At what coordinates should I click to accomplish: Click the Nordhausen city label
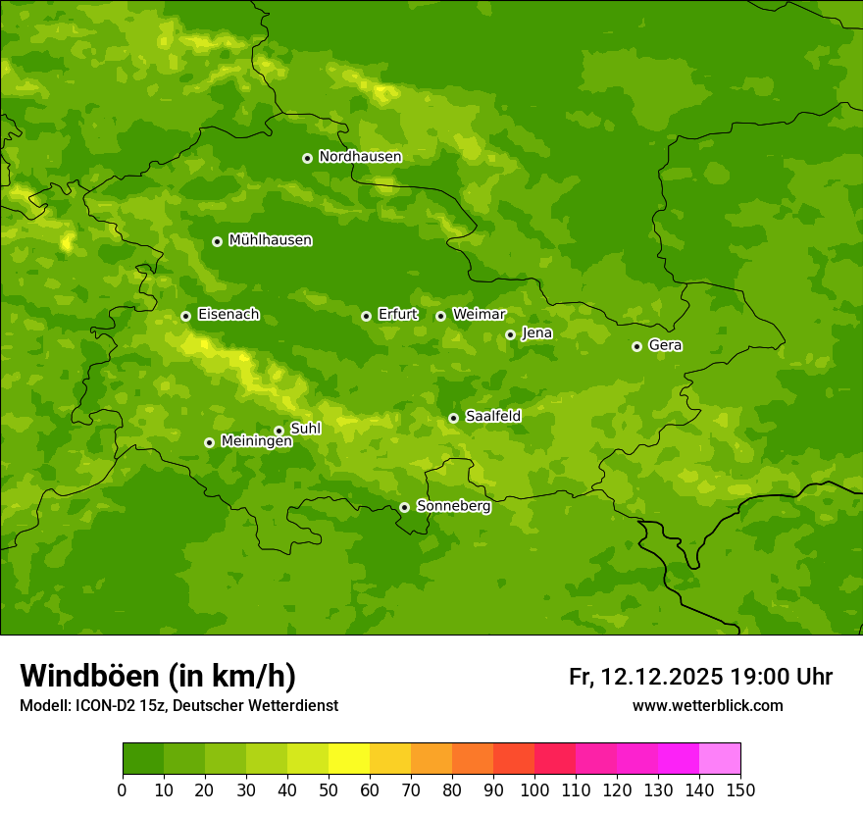(x=360, y=157)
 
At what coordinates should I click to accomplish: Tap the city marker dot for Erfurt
(x=366, y=316)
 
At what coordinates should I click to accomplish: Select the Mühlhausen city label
(x=270, y=240)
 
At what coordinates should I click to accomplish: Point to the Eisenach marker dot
(x=185, y=316)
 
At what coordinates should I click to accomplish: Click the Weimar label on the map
(x=479, y=315)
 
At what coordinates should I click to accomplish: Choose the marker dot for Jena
(x=510, y=334)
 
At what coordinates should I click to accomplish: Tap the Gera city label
(x=665, y=345)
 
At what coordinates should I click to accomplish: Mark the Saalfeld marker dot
(x=453, y=418)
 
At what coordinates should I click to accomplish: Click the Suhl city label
(x=305, y=429)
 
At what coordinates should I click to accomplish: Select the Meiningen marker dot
(x=209, y=442)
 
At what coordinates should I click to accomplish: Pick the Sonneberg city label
(x=453, y=506)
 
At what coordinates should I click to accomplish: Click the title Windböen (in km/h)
(x=158, y=676)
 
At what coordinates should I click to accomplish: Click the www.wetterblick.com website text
(x=707, y=705)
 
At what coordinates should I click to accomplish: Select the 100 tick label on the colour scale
(x=534, y=789)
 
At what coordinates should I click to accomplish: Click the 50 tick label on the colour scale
(x=329, y=789)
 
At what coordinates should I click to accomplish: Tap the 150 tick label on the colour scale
(x=740, y=789)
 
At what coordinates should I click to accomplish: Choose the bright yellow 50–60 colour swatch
(x=349, y=759)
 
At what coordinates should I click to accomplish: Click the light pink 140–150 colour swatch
(x=720, y=759)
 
